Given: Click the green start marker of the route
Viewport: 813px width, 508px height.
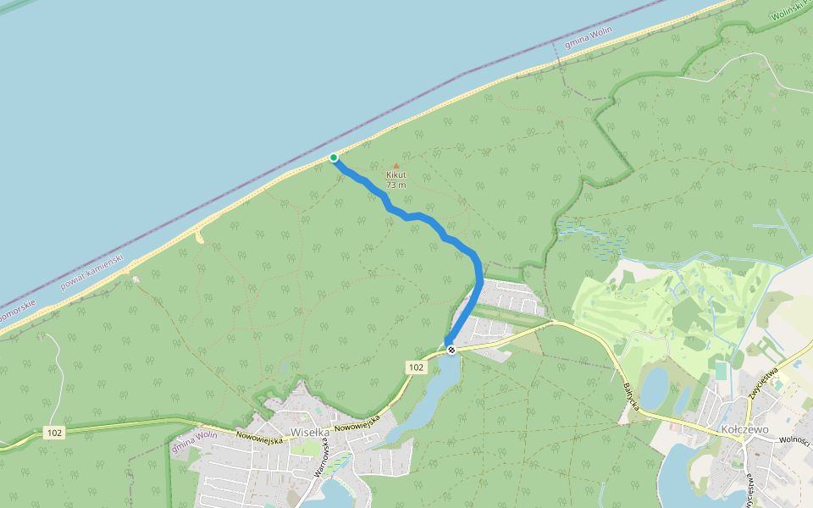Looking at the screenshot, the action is click(x=334, y=157).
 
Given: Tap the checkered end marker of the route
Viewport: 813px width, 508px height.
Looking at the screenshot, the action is click(x=452, y=349).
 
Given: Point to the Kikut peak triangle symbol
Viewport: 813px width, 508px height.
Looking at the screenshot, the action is click(x=395, y=166).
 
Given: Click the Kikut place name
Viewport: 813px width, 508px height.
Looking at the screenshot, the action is click(x=395, y=175).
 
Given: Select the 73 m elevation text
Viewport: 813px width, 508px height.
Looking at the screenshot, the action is click(x=395, y=185).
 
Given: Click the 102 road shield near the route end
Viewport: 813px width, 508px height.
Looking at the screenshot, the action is click(x=415, y=367).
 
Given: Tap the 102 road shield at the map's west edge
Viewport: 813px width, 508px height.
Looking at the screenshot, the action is click(x=55, y=433).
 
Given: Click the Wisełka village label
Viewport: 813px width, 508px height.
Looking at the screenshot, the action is click(x=309, y=432).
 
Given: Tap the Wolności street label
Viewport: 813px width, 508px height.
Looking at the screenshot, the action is click(x=795, y=441).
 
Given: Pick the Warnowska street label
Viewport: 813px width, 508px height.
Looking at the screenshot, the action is click(x=322, y=458).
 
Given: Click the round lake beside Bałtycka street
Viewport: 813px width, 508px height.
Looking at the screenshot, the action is click(x=654, y=388).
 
